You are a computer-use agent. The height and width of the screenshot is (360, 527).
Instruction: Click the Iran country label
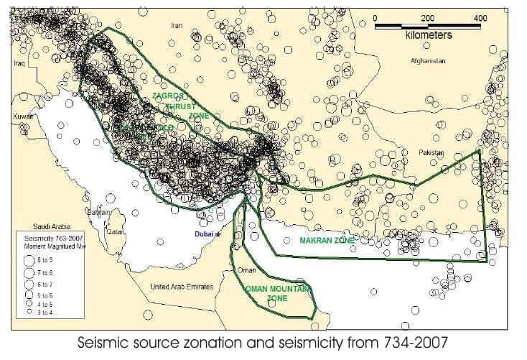click(x=177, y=25)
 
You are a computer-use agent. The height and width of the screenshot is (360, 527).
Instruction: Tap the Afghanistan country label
click(x=428, y=61)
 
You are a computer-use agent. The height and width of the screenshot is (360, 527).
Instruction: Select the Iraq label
click(x=19, y=63)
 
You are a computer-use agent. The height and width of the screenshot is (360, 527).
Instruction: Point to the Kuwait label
click(x=24, y=116)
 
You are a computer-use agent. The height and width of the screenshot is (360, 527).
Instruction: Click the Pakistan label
click(x=431, y=153)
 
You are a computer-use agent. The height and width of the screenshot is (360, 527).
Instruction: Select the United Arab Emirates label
click(x=182, y=287)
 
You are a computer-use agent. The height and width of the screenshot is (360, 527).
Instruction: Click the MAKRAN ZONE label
click(x=328, y=241)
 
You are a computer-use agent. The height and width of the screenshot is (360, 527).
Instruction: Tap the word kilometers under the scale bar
click(x=429, y=34)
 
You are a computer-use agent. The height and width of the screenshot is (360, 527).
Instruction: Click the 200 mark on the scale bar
click(x=428, y=17)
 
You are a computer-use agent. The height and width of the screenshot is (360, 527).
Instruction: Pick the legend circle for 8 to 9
click(x=29, y=261)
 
